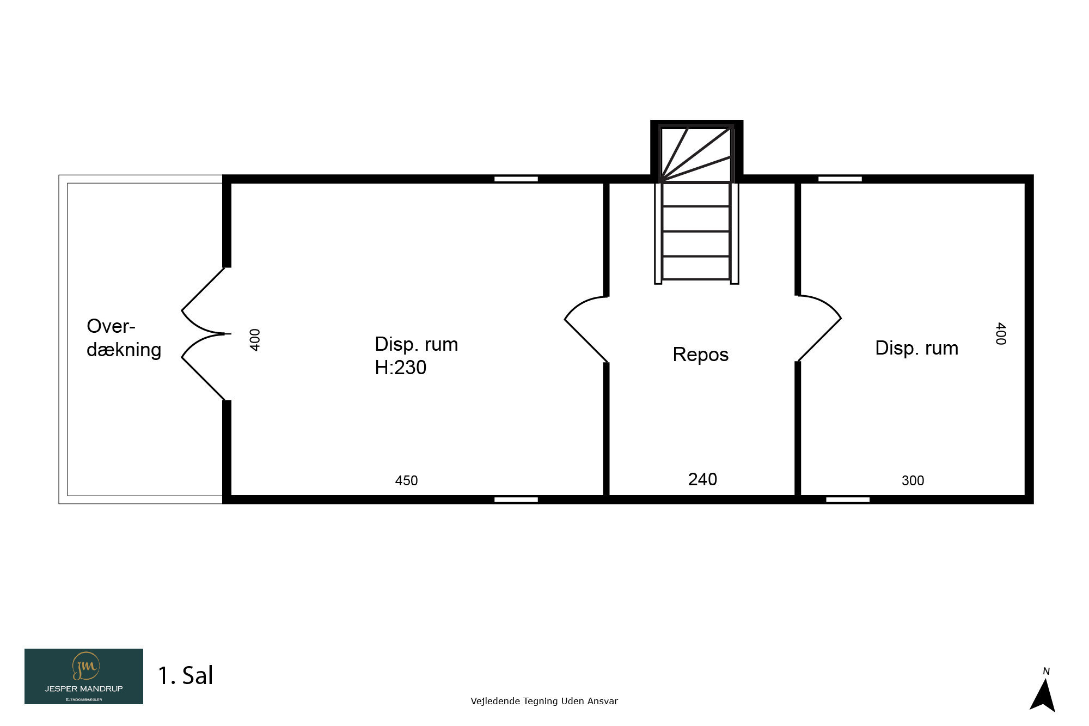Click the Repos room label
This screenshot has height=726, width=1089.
point(700,355)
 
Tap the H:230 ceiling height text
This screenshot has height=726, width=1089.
point(400,368)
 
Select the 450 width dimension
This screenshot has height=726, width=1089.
point(406,480)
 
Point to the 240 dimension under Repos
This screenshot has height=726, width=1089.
point(702,479)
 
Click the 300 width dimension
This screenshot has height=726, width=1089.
point(913,480)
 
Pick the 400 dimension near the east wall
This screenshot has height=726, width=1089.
point(1000,333)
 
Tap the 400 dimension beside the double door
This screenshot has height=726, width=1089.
point(255,340)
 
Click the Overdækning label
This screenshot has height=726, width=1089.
point(124,338)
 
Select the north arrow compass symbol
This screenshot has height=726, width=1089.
point(1043,690)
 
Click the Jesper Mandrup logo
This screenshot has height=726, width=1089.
point(84,676)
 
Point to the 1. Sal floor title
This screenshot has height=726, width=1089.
point(185,675)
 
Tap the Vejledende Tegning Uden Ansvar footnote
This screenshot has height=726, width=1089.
point(544,701)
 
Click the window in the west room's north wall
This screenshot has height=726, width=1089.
point(516,179)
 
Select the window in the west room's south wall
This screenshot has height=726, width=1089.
point(516,499)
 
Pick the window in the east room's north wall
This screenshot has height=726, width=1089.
point(840,179)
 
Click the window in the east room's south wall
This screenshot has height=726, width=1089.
point(848,499)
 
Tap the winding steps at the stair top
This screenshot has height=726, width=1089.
point(696,154)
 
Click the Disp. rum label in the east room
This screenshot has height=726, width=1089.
point(917,349)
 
